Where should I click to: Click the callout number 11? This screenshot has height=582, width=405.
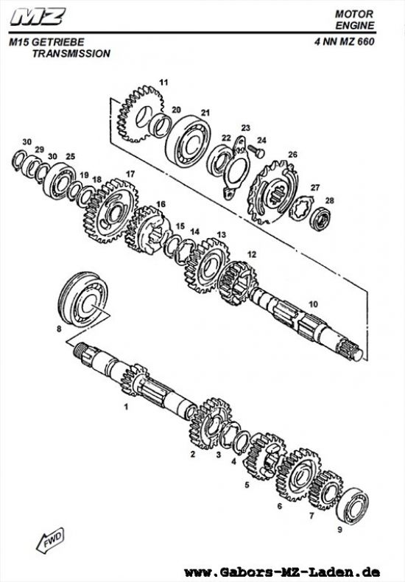point(163,81)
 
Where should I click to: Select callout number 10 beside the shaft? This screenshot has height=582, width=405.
point(313,304)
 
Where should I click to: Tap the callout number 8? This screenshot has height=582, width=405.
point(59,329)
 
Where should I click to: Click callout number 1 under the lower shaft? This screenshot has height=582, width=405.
point(126,406)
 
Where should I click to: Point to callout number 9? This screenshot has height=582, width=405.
point(339,529)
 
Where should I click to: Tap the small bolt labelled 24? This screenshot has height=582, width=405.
point(257,151)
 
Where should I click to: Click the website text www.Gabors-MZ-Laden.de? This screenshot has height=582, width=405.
point(282,572)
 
